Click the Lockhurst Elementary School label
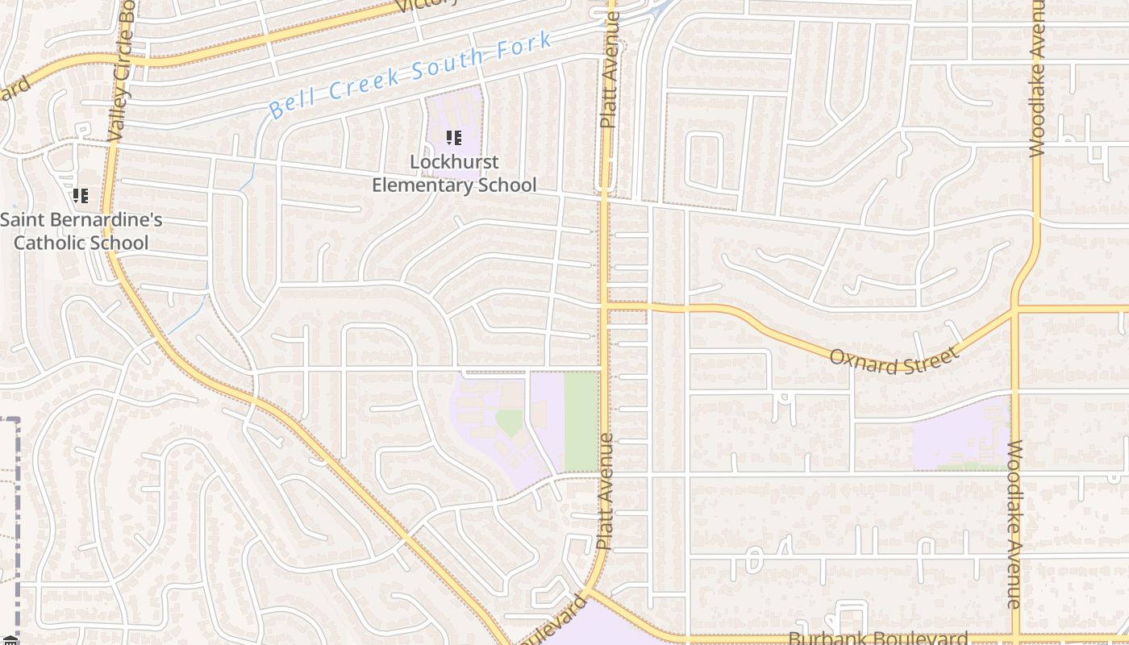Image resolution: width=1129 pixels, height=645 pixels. (453, 173)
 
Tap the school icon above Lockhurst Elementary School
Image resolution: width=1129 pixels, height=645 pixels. (453, 138)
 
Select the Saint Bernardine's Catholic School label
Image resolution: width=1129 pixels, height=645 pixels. (81, 231)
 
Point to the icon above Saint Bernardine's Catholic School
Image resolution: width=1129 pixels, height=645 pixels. (81, 195)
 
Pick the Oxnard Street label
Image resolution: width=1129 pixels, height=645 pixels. (895, 360)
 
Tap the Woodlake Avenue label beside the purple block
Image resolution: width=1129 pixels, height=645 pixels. (1015, 524)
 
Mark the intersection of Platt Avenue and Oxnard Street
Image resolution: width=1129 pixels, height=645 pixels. (603, 306)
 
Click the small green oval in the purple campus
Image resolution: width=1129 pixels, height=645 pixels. (509, 421)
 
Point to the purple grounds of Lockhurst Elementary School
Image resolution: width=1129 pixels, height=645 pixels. (454, 113)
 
